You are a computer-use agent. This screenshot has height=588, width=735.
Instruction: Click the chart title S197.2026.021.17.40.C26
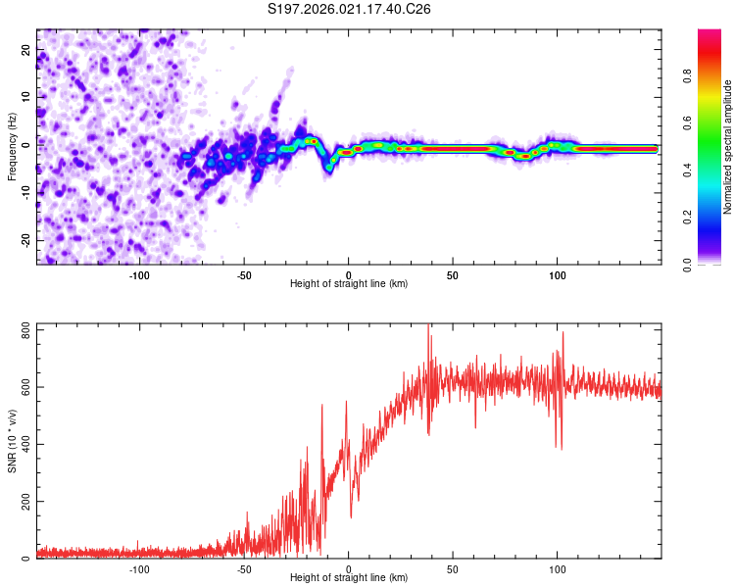pos(350,10)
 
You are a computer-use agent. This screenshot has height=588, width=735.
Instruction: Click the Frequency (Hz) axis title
pos(12,146)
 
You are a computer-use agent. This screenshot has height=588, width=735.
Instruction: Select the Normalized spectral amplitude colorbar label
pos(728,147)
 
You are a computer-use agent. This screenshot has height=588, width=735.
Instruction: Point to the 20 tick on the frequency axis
pos(26,48)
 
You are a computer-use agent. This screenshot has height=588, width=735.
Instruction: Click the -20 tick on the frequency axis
pos(24,240)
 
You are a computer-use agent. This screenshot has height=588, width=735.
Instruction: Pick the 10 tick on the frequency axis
pos(26,96)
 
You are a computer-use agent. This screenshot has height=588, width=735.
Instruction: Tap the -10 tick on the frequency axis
pos(24,192)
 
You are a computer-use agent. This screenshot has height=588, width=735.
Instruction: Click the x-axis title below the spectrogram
pos(349,284)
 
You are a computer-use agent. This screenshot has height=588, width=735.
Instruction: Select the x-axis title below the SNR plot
pos(349,578)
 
